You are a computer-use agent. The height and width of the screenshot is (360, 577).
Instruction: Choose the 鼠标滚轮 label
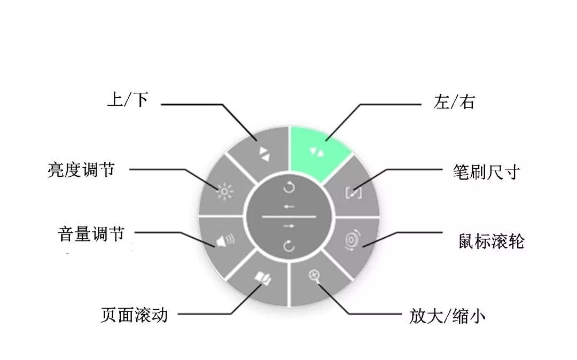(492, 241)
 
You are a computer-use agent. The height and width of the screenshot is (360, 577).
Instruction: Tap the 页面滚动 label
(134, 315)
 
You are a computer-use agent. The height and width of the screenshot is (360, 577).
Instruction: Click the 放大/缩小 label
(448, 316)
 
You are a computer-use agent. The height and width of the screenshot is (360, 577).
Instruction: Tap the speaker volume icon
(225, 242)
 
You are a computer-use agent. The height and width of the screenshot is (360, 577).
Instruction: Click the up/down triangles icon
(263, 154)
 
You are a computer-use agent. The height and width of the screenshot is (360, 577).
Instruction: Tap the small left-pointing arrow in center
(288, 206)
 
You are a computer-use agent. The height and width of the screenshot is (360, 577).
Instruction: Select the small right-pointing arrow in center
(288, 226)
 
